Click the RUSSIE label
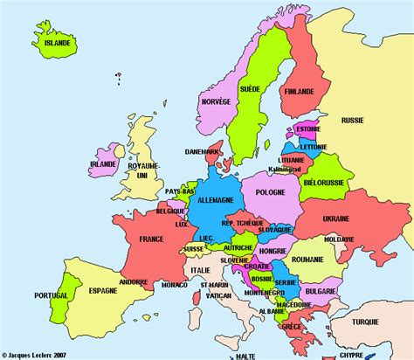pyautogui.click(x=352, y=120)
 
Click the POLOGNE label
pyautogui.click(x=272, y=191)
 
